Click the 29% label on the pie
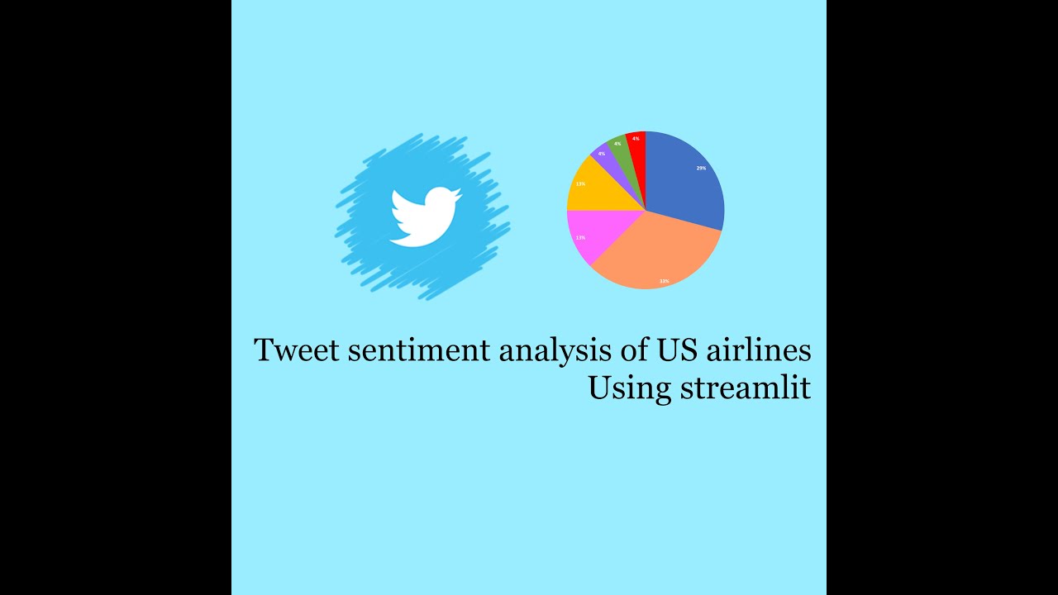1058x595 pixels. (701, 168)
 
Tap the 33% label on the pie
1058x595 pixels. (664, 281)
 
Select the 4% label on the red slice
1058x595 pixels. (636, 138)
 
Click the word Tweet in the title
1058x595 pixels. (297, 350)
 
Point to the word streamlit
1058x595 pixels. (745, 388)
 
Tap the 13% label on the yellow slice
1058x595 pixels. (580, 183)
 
